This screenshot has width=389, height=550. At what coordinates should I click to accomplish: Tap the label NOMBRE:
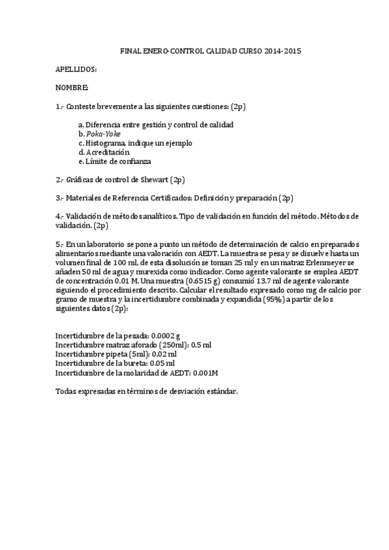tap(71, 87)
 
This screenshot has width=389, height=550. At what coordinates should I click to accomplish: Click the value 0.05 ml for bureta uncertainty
tap(162, 363)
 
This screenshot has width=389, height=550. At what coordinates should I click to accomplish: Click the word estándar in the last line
tap(220, 392)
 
